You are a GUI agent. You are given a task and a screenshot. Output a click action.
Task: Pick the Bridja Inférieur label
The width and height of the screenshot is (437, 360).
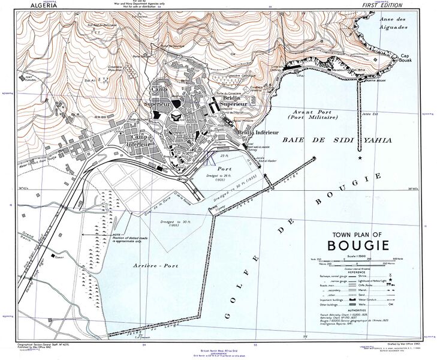[x=258, y=131]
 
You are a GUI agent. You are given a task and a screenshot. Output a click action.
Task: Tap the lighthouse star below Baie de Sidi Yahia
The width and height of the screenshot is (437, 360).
[x=360, y=157]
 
